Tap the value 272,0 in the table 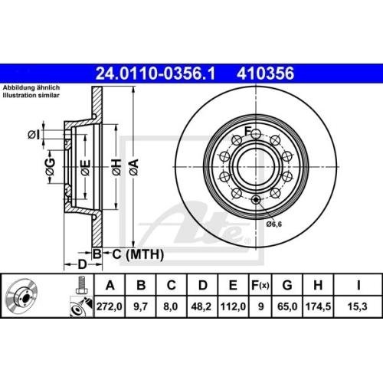click(113, 308)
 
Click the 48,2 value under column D click(203, 308)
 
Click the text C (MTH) click(126, 254)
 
